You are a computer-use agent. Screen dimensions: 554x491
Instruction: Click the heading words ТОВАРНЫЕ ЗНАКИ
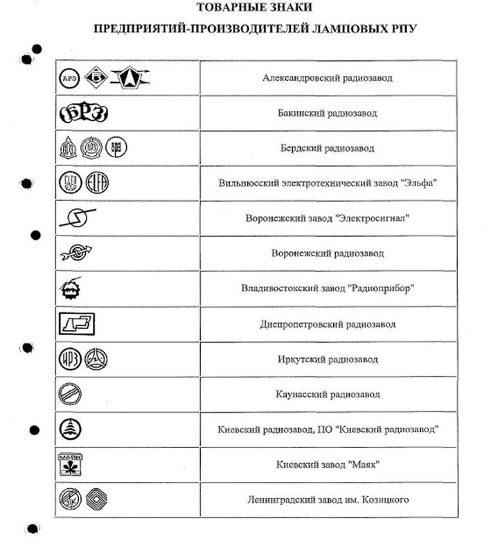[x=254, y=8]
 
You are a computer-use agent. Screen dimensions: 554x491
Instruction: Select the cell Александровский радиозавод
[x=328, y=78]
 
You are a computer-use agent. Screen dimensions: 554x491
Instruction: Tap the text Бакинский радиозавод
[x=327, y=113]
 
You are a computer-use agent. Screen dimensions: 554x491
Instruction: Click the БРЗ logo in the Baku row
[x=83, y=113]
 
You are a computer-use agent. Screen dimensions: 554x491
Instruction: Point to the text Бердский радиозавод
[x=327, y=148]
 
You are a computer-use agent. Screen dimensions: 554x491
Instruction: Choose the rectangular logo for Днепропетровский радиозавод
[x=76, y=323]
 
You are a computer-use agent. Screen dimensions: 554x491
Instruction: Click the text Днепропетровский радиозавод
[x=328, y=323]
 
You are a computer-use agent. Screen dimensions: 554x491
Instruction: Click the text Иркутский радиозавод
[x=328, y=359]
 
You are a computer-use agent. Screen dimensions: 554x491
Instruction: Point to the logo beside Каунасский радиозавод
[x=70, y=394]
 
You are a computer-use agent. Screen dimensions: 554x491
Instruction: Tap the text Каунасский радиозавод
[x=328, y=394]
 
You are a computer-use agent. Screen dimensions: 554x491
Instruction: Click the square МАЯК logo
[x=69, y=465]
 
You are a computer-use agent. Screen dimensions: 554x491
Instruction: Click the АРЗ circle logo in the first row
[x=68, y=78]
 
